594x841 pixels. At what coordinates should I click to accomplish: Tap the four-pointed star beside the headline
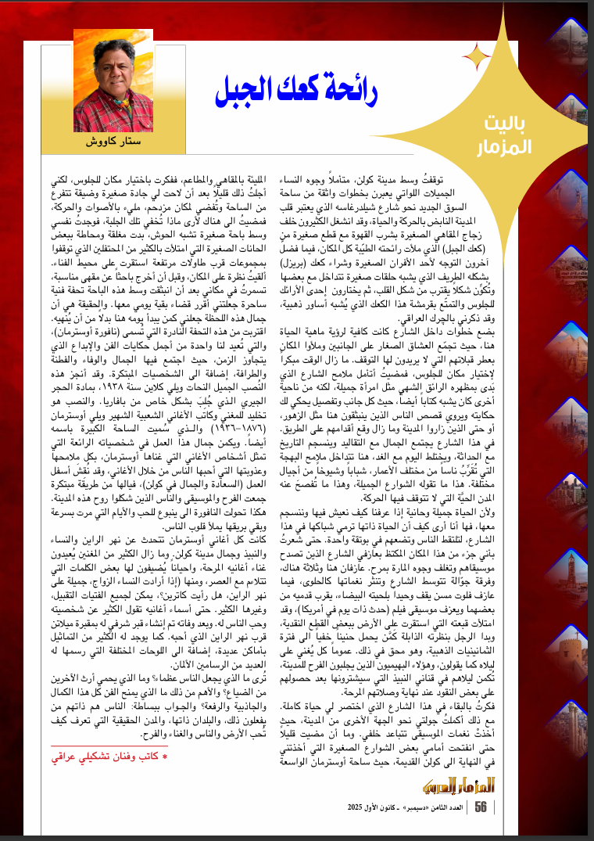pos(474,56)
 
